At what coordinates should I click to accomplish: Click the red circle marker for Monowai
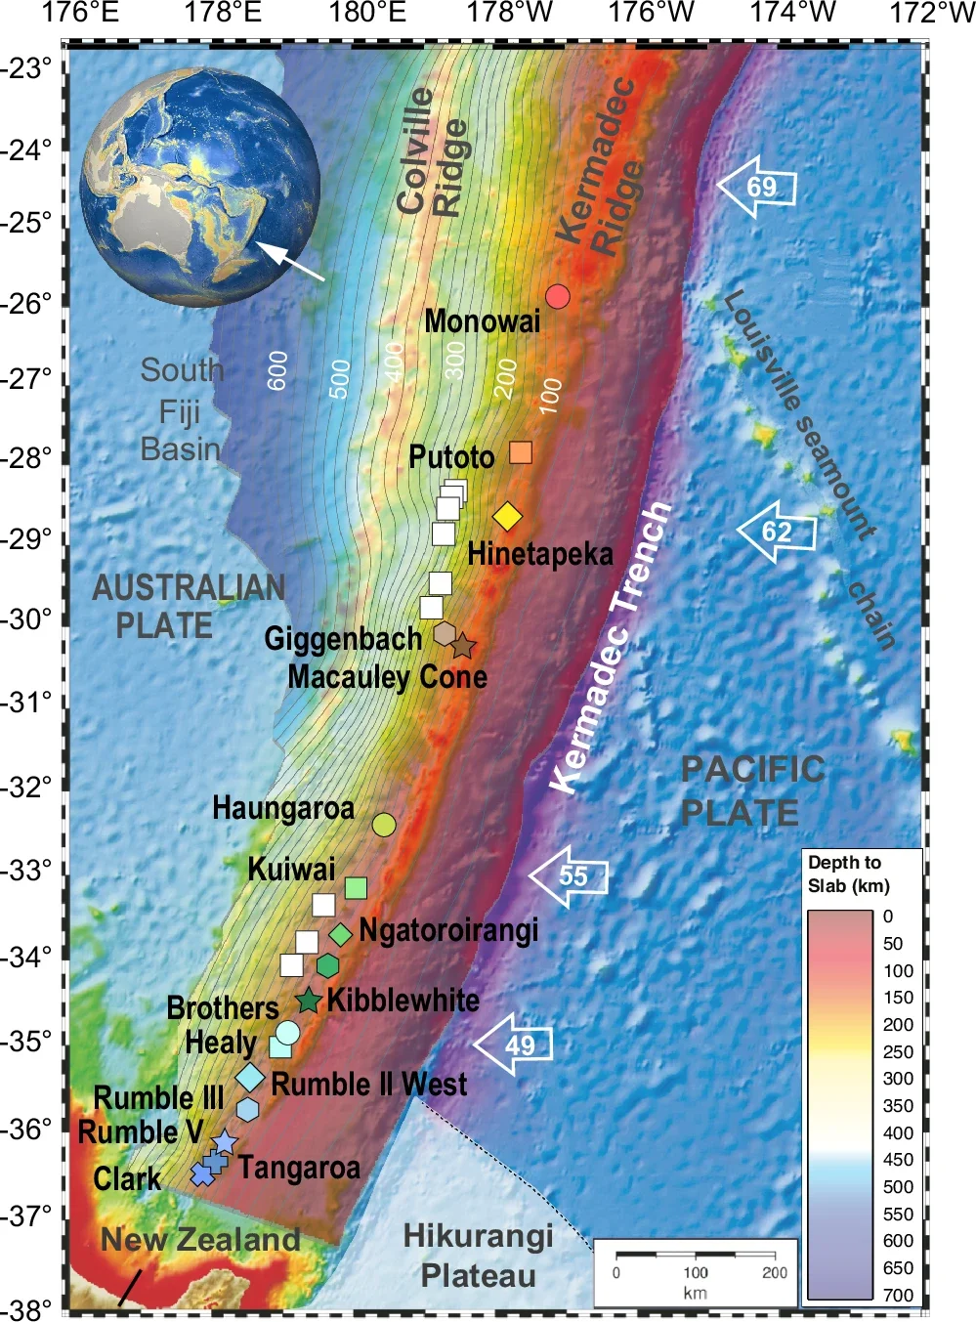pos(557,296)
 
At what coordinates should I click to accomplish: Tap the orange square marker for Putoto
pos(521,452)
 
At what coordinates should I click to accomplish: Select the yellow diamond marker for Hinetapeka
pos(507,516)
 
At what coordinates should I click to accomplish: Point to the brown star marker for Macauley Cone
pos(462,646)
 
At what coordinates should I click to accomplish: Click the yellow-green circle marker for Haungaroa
pos(384,825)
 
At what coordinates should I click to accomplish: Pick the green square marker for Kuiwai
pos(356,887)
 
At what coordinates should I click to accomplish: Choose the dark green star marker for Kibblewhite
pos(309,1001)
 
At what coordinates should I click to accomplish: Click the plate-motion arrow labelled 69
pos(757,187)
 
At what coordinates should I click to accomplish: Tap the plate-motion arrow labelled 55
pos(570,875)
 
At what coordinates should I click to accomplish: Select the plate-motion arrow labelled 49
pos(514,1044)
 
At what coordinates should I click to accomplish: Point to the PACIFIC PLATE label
pos(752,790)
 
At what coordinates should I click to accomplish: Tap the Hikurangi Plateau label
pos(479,1256)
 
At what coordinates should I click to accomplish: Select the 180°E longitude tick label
pos(367,13)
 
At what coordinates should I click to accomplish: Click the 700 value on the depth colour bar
pos(898,1295)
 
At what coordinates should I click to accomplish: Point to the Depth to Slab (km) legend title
pos(849,874)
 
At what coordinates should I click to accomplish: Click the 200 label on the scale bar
pos(774,1272)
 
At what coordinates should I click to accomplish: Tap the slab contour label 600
pos(278,370)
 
